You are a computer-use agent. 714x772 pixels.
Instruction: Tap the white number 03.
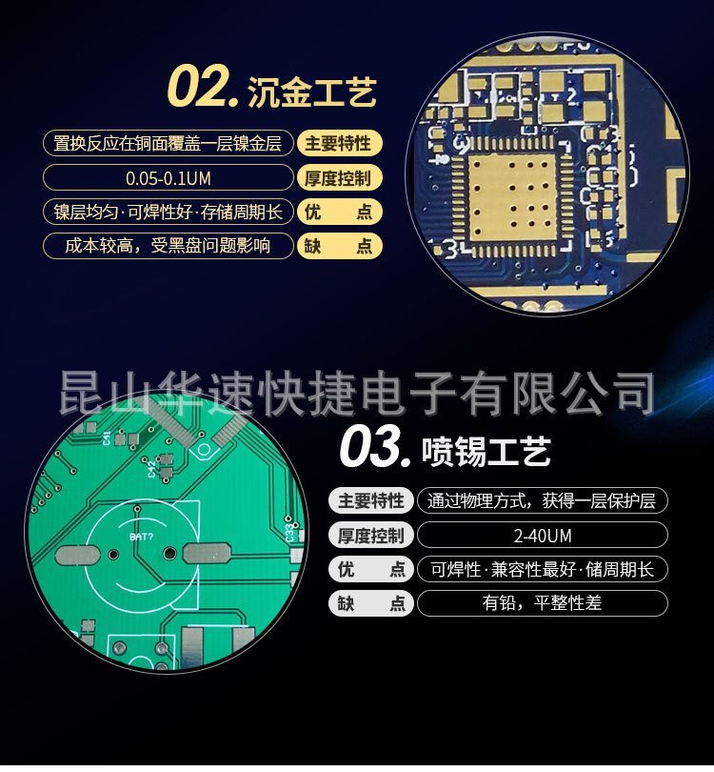375,447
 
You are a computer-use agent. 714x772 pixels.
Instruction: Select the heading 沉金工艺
311,92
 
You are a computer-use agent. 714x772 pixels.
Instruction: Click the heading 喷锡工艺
486,451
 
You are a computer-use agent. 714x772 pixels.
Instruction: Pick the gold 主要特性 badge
338,144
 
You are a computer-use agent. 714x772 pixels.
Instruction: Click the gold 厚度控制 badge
338,178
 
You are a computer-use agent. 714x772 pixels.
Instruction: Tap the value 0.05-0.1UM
169,178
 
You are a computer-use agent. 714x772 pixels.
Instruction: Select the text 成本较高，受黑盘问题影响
168,246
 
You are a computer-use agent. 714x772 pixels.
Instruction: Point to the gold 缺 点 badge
338,246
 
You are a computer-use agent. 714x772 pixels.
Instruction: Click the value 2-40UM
543,536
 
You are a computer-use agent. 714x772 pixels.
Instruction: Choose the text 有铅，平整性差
542,602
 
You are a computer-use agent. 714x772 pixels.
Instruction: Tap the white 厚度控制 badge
370,536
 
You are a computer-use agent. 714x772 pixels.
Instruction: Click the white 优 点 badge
370,569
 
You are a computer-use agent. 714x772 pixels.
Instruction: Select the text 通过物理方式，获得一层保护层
542,501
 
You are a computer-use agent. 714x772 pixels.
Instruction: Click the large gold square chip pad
512,197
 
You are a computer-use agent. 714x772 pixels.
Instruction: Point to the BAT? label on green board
142,537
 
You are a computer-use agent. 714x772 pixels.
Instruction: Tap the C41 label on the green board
108,438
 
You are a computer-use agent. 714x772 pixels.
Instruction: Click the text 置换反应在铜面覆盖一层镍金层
168,144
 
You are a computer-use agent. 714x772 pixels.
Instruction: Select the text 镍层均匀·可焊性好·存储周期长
169,213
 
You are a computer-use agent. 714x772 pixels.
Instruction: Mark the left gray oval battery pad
79,556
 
